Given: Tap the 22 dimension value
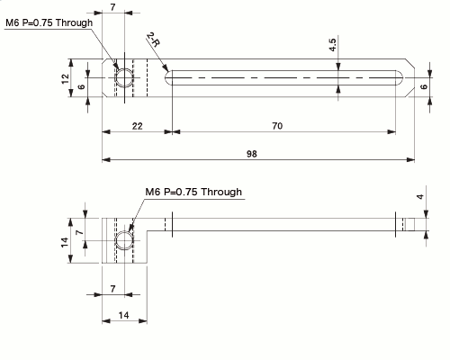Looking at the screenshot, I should tap(137, 126).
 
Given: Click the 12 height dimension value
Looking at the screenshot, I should tap(66, 79).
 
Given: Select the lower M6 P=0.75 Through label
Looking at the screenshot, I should tap(193, 192).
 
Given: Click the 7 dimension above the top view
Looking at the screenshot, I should tap(112, 7).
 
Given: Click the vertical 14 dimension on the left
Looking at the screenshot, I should tap(66, 240).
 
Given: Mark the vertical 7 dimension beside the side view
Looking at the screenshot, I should tap(79, 232).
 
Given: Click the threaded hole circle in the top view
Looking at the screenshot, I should tap(122, 80).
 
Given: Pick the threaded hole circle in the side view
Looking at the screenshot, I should tap(122, 240).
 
